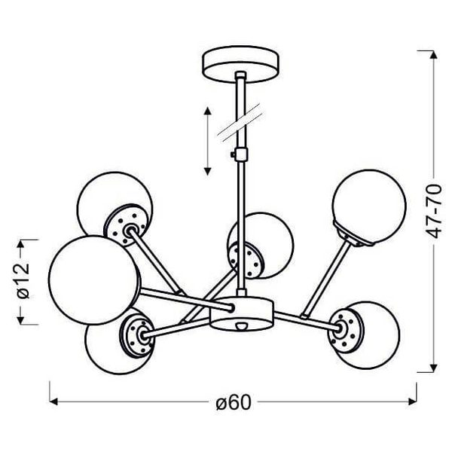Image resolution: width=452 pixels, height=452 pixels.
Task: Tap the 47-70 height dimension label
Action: pos(433,212)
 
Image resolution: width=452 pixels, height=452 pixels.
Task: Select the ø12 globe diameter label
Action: pos(23,280)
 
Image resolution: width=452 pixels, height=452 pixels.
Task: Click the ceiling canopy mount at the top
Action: pos(241,64)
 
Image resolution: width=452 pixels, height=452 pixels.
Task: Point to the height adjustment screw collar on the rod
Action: pos(240,154)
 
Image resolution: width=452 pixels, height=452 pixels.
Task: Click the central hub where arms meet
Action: pos(242,313)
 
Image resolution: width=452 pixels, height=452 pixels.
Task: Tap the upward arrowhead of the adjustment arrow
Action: pos(208,111)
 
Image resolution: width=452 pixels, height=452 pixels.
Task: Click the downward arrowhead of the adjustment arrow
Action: pos(208,171)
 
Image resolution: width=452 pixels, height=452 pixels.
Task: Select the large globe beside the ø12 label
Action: pos(94,280)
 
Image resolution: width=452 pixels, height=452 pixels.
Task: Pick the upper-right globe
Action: pos(370,206)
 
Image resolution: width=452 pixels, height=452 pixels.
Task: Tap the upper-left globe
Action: pos(115,209)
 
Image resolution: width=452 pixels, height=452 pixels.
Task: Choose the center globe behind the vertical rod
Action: pos(261,246)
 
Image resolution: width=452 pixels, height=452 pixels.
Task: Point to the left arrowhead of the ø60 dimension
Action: pos(53,402)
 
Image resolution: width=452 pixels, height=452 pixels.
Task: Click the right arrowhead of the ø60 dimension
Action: pos(413,402)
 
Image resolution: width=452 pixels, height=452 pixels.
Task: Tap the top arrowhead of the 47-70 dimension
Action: pos(433,55)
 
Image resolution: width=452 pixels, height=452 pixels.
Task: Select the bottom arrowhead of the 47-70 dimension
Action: pos(433,368)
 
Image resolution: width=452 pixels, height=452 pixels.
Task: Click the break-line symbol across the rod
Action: pos(240,123)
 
